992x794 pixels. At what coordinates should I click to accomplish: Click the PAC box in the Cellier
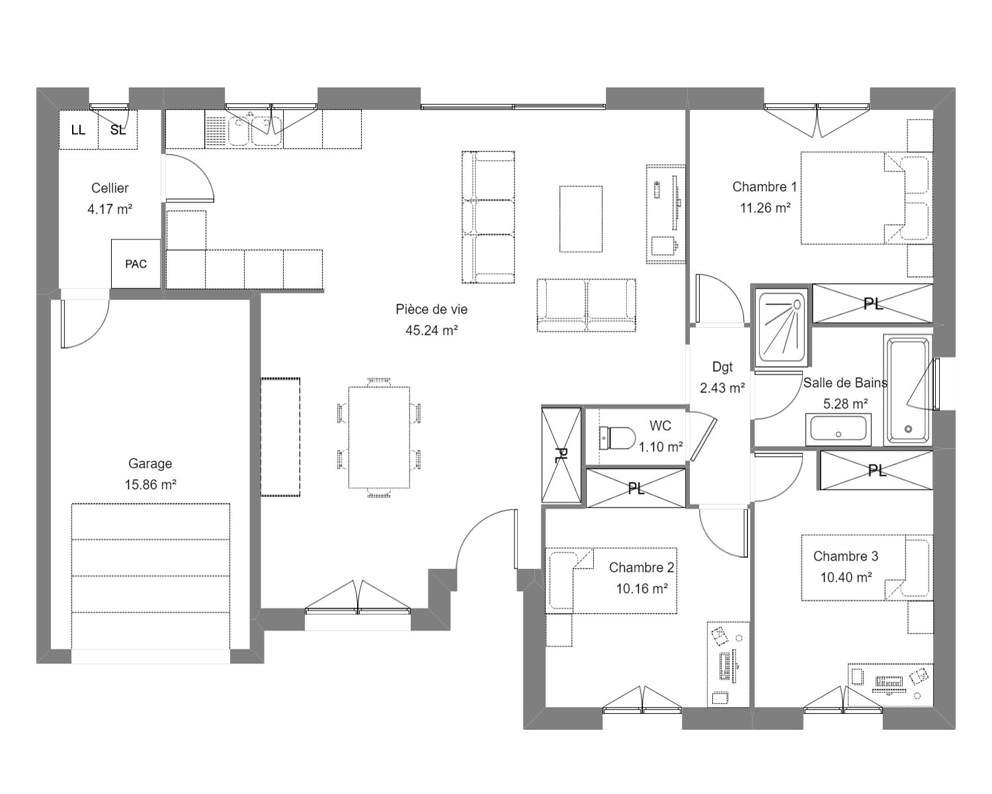point(136,264)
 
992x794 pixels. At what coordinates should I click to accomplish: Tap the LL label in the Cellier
point(78,130)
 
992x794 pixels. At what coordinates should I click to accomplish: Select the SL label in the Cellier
point(118,130)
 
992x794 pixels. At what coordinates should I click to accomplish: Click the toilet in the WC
point(617,437)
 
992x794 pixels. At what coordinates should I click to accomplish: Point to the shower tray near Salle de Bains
point(782,328)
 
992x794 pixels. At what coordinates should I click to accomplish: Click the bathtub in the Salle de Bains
point(908,390)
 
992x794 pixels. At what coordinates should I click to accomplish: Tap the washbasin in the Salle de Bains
point(839,429)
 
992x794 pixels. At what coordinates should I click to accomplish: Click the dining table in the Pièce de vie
point(379,437)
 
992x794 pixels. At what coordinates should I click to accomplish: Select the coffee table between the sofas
point(581,219)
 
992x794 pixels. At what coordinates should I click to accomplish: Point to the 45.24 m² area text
point(431,330)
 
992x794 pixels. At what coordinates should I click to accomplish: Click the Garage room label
point(150,463)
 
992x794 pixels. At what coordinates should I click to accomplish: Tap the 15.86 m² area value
point(150,484)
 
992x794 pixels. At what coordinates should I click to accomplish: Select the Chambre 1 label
point(765,187)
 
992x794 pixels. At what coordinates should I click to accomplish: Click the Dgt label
point(722,367)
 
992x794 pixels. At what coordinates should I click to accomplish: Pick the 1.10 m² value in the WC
point(661,447)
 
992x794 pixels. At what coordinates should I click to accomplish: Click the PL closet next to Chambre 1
point(872,304)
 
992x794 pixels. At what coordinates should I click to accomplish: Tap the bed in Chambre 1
point(853,198)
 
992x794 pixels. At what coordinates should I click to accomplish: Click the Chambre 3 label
point(846,556)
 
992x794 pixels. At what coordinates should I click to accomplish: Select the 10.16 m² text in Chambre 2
point(641,589)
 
